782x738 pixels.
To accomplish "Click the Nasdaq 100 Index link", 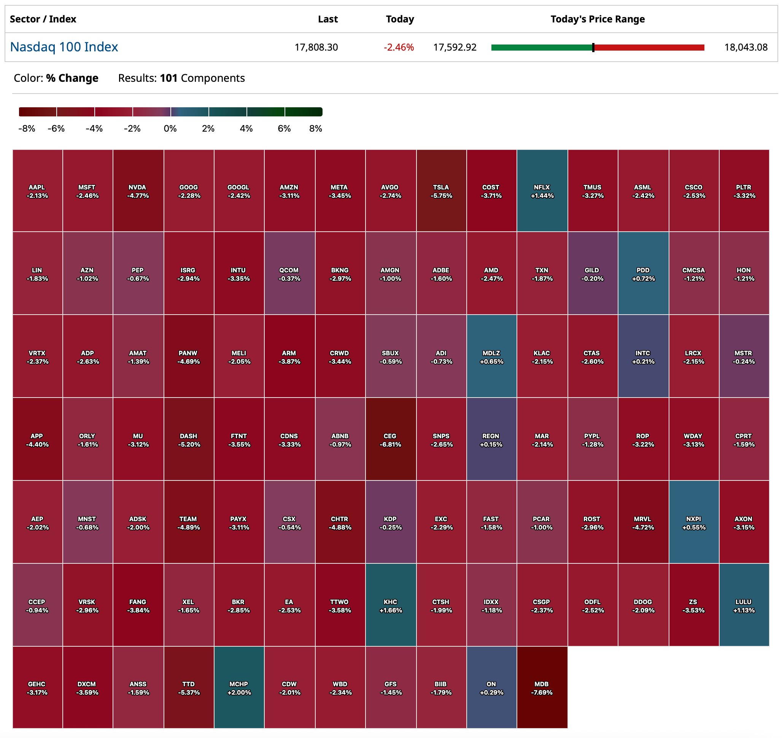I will pos(64,47).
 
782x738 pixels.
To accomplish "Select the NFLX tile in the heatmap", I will pos(542,191).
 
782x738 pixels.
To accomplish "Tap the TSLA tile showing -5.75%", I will pos(441,191).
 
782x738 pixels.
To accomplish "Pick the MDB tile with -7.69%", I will pos(542,688).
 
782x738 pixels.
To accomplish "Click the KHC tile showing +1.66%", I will pos(391,606).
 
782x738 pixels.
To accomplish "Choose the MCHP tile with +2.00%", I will pos(239,688).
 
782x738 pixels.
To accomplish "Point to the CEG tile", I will pos(391,439).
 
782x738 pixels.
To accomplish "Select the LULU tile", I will pos(744,606).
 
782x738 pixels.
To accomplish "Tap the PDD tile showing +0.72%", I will pos(643,274).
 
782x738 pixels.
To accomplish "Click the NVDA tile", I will pos(138,191).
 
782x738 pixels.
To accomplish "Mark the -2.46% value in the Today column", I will pos(399,48).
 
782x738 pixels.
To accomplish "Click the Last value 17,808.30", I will pos(316,48).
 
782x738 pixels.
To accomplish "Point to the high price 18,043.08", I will pos(746,48).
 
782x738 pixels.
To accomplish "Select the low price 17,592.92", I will pos(455,48).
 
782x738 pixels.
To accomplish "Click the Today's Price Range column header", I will pos(598,19).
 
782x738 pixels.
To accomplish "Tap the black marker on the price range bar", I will pos(593,48).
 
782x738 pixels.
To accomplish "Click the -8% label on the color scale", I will pos(27,129).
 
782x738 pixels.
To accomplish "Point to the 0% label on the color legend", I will pos(170,129).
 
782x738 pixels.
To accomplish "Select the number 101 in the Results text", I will pos(168,78).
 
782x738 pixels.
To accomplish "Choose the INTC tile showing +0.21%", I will pos(643,357).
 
